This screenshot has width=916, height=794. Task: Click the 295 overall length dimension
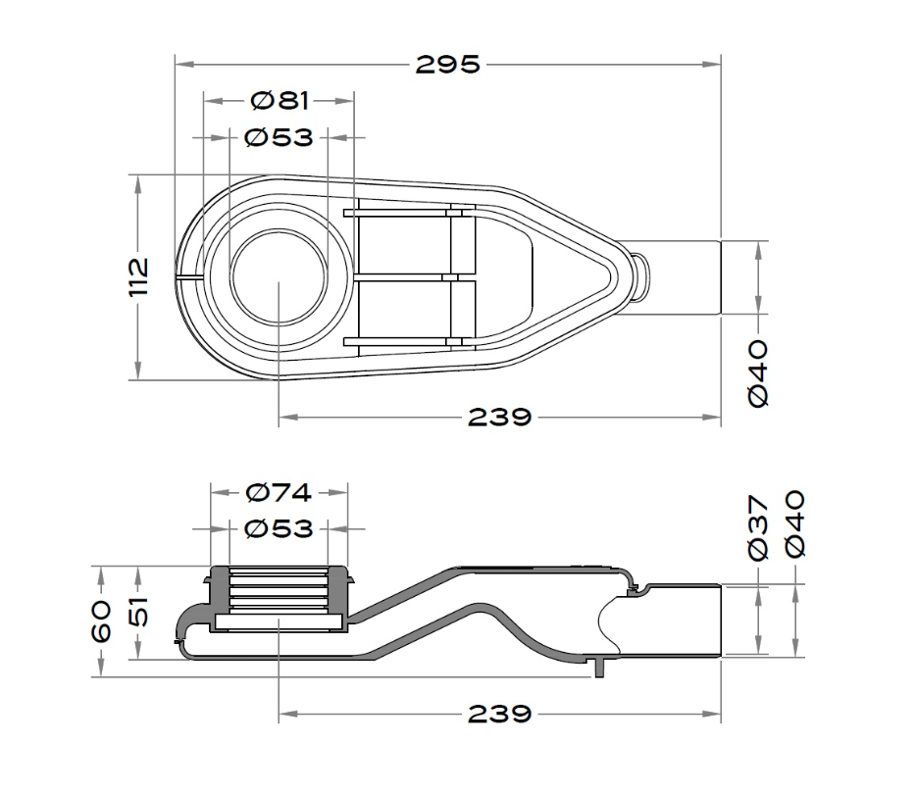(447, 65)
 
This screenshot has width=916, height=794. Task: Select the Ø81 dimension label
(280, 101)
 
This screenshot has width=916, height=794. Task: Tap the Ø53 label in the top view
(280, 138)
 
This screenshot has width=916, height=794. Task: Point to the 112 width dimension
(139, 276)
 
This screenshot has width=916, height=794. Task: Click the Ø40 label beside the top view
(758, 374)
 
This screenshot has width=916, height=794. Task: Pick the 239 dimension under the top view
(499, 418)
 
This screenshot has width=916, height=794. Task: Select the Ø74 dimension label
(280, 493)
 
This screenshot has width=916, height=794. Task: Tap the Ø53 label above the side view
(280, 529)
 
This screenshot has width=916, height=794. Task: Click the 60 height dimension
(102, 621)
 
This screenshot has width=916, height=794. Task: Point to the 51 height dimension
(139, 612)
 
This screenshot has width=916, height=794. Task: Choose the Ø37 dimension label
(758, 527)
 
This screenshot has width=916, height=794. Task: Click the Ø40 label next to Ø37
(795, 523)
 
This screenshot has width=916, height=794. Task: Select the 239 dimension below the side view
(499, 714)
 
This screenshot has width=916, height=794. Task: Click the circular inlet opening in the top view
(279, 277)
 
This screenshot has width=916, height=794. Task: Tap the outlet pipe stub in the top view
(678, 278)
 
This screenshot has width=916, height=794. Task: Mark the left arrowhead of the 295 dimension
(184, 65)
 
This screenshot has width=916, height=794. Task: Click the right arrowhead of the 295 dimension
(712, 65)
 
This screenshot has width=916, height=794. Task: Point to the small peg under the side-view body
(599, 668)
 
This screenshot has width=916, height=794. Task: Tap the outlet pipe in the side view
(678, 620)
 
